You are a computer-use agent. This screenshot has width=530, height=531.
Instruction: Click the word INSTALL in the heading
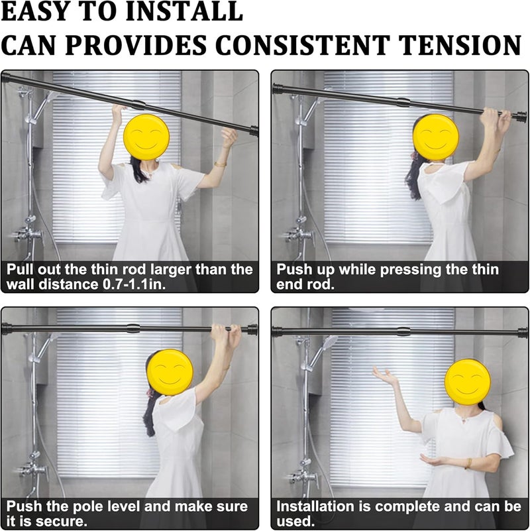coord(184,11)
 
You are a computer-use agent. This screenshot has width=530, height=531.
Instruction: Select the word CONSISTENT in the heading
coord(303,44)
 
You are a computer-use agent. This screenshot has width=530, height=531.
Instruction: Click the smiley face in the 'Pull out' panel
coord(146,137)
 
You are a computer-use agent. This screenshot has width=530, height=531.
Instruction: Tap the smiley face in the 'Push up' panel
coord(436,137)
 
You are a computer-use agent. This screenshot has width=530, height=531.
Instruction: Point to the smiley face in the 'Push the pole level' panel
coord(170,372)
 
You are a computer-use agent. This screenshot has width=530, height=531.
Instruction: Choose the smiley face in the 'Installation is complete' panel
coord(467,383)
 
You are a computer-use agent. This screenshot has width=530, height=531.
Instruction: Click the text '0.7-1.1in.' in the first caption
coord(134,284)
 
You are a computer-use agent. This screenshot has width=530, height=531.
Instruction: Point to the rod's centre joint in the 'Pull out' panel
coord(138,105)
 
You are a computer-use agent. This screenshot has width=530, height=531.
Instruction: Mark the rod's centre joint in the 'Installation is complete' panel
coord(403,331)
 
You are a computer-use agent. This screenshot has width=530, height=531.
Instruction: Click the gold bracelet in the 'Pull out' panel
coord(220,164)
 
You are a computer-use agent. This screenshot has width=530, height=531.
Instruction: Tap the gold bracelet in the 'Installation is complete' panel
coord(469,463)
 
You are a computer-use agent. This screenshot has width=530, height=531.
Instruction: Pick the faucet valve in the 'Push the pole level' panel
coord(32,470)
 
